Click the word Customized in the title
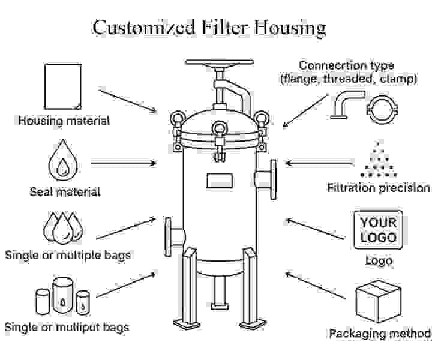point(143,28)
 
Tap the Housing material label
point(64,121)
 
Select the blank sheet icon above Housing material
point(63,86)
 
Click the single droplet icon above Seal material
point(63,160)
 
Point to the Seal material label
point(65,192)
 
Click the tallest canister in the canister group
point(63,295)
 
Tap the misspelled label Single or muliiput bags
point(67,327)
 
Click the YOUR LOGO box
point(378,230)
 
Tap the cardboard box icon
point(378,301)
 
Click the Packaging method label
point(380,334)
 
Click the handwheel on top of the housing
point(220,62)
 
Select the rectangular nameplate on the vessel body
point(220,181)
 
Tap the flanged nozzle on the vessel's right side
point(266,179)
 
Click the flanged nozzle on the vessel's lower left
point(174,237)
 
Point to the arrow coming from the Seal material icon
point(124,163)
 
